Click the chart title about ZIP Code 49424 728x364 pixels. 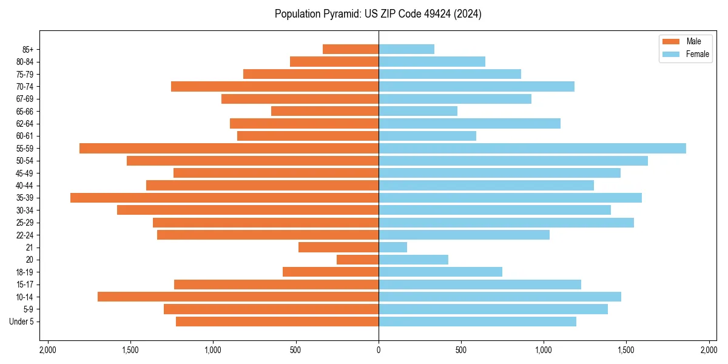378,14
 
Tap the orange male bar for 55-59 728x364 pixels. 229,149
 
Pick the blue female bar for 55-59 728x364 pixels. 532,149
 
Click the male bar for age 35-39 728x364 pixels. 224,198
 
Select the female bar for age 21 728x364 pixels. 393,248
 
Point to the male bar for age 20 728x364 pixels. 357,260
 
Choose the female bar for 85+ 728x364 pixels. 406,49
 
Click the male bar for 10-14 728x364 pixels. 238,297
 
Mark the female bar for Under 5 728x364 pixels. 477,322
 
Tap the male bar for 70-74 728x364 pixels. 275,87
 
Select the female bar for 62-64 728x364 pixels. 470,124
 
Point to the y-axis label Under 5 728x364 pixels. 21,322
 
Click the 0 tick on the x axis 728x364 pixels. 379,350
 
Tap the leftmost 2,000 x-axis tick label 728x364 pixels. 47,350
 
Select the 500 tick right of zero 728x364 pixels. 461,350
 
